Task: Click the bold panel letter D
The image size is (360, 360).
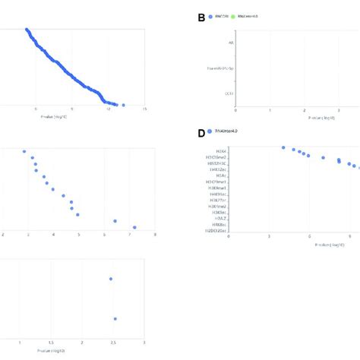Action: tap(201, 133)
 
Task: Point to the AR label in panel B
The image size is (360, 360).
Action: tap(231, 43)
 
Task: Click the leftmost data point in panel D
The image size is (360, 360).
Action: tap(283, 148)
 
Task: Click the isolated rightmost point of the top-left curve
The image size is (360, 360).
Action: tap(124, 106)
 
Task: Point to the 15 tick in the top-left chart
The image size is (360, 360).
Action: tap(144, 112)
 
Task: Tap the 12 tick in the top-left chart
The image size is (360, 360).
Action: tap(108, 112)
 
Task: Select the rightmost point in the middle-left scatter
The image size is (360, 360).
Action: tap(134, 227)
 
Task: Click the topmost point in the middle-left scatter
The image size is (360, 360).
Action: tap(25, 151)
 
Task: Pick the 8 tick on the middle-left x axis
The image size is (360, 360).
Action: tap(155, 235)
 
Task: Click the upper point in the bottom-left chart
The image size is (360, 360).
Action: tap(112, 279)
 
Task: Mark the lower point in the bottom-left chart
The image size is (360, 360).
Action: tap(115, 319)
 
